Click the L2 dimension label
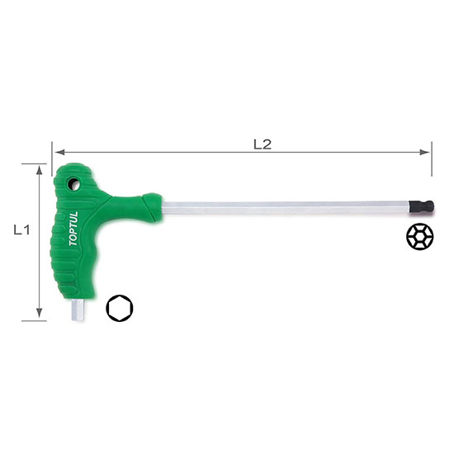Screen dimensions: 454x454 [x=262, y=144]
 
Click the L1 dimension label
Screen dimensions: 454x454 [x=22, y=230]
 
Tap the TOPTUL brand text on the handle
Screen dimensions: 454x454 [x=73, y=229]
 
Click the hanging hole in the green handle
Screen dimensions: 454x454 [x=73, y=184]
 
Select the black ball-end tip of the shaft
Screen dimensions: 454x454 [x=422, y=206]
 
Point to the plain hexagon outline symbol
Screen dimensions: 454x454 [x=120, y=309]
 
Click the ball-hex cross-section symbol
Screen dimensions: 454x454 [x=420, y=237]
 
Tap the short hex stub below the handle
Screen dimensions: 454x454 [x=78, y=310]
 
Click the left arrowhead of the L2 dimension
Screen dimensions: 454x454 [x=59, y=152]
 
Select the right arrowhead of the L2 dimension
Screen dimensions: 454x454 [x=424, y=152]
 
